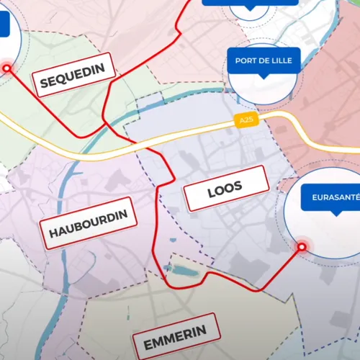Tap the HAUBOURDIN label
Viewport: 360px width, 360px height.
89,223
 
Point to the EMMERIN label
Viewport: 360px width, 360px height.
175,336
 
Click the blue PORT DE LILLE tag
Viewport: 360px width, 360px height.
263,60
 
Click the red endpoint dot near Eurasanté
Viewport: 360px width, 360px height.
302,247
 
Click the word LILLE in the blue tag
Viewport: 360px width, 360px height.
279,60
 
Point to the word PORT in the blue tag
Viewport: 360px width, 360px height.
246,60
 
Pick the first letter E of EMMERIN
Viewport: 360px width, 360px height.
148,345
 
